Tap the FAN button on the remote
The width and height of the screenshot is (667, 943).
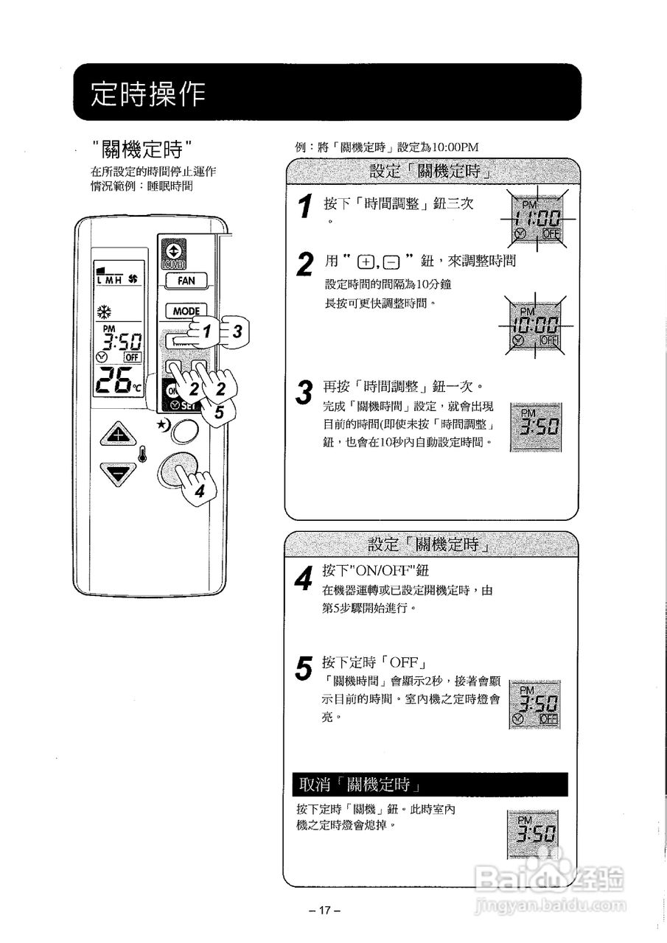(185, 281)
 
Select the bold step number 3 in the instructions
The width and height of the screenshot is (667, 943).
(303, 393)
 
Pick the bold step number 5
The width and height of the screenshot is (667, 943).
(303, 668)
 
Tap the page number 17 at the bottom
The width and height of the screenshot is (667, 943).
(325, 911)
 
